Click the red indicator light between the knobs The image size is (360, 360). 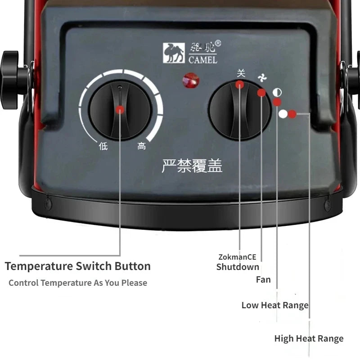[191, 81]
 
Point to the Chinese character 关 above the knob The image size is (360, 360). [241, 72]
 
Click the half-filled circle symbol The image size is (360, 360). [277, 93]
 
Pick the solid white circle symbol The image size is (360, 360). [283, 114]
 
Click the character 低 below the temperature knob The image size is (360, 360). [103, 146]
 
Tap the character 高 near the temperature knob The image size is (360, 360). [142, 146]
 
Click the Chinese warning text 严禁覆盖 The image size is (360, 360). [192, 166]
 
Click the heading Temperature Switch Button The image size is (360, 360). [77, 266]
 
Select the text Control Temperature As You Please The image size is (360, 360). [77, 283]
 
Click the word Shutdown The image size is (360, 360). [238, 267]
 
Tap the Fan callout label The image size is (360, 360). [263, 279]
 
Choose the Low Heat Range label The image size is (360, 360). [275, 305]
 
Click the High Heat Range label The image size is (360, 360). [309, 338]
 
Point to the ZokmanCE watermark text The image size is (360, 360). [237, 257]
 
